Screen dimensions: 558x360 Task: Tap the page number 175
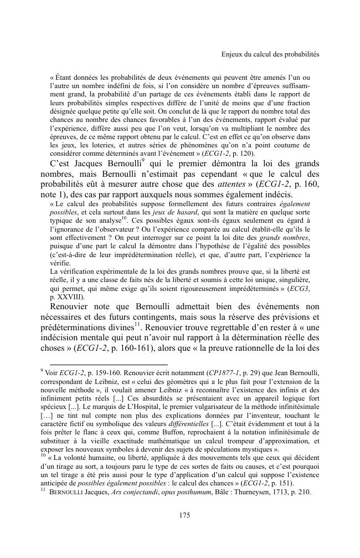pyautogui.click(x=185, y=515)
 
